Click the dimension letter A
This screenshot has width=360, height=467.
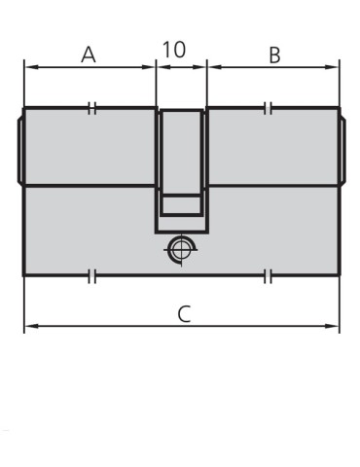coord(89,54)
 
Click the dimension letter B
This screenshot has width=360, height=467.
coord(274,55)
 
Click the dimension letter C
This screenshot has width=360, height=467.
coord(184,314)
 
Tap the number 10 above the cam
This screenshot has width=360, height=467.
coord(174,50)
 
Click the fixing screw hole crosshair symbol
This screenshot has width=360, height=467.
coord(180,250)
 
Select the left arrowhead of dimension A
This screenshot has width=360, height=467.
coord(32,67)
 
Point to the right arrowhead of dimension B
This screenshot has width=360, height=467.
coord(332,67)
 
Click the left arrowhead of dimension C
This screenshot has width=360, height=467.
coord(32,326)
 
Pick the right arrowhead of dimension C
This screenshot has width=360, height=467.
coord(332,326)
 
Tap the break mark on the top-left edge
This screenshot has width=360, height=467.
coord(92,108)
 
